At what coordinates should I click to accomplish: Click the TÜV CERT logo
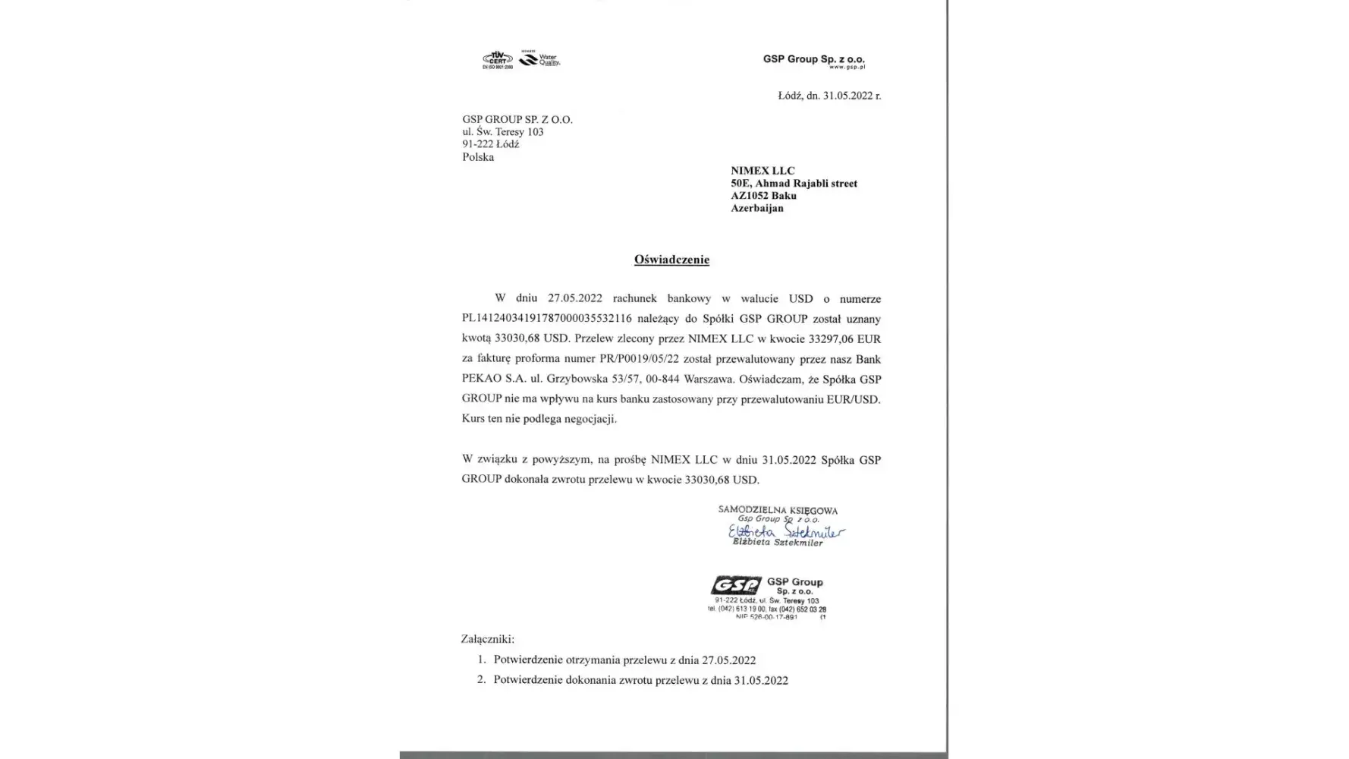point(498,60)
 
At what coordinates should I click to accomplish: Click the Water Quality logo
point(539,58)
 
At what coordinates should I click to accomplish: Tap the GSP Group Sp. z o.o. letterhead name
point(813,59)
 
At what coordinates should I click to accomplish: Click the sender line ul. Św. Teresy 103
point(502,132)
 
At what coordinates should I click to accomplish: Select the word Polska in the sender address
point(478,157)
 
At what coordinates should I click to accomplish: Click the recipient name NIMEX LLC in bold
point(763,171)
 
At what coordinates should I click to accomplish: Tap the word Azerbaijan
point(756,208)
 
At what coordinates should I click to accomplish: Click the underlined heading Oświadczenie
point(671,260)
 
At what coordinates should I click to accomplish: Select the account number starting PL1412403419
point(546,319)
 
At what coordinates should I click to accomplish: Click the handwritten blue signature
point(785,532)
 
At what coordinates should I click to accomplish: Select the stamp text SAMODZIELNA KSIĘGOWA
point(778,511)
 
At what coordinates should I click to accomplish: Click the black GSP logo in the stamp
point(735,585)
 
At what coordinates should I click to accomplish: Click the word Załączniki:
point(487,639)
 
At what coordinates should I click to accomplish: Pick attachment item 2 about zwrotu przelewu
point(640,680)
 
